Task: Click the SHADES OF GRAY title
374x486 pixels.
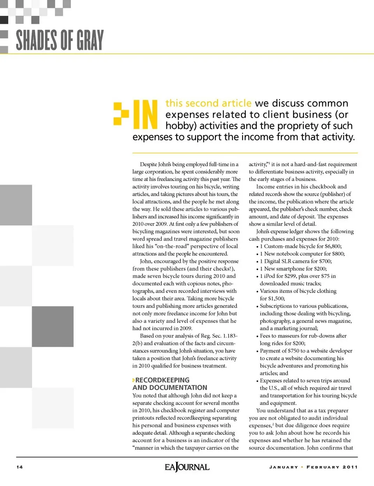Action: point(60,40)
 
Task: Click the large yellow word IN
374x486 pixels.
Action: point(145,115)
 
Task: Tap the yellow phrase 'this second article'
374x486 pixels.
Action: point(208,103)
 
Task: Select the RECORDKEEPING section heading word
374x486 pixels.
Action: point(162,380)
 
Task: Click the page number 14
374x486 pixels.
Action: point(19,467)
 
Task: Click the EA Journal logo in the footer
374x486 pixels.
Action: point(187,467)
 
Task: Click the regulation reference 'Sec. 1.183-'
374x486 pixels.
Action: point(225,336)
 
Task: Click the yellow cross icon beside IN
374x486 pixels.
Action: point(121,114)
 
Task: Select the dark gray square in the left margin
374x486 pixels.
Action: point(53,326)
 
